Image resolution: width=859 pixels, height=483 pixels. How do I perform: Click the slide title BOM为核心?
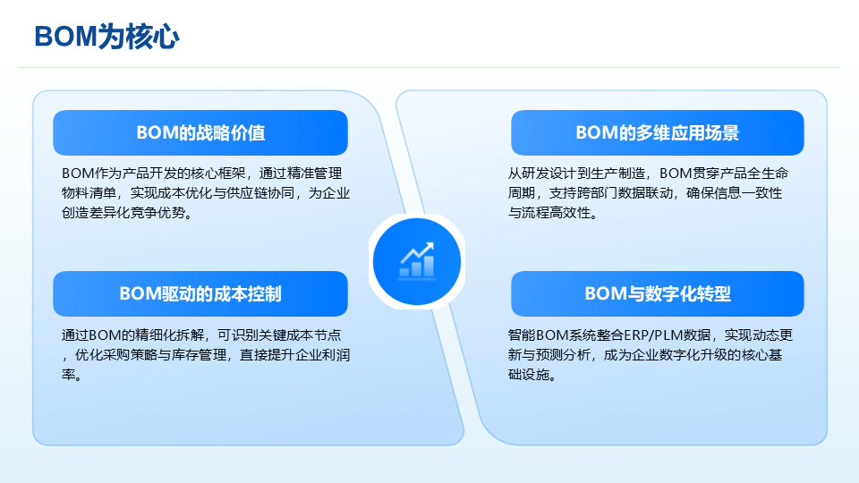pyautogui.click(x=106, y=37)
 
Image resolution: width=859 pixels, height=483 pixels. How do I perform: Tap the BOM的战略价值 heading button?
pyautogui.click(x=200, y=132)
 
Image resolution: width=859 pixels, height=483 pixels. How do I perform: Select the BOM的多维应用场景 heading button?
pyautogui.click(x=658, y=132)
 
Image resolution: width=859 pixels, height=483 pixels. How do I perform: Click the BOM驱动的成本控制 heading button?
pyautogui.click(x=200, y=293)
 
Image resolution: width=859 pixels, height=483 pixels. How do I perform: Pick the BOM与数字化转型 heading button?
pyautogui.click(x=658, y=293)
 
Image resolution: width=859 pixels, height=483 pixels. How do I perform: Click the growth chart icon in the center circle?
pyautogui.click(x=417, y=260)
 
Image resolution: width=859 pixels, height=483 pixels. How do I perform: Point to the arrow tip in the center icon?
pyautogui.click(x=432, y=243)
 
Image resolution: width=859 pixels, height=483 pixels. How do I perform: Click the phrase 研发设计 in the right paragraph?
pyautogui.click(x=548, y=174)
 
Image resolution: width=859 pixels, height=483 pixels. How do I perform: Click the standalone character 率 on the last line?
pyautogui.click(x=68, y=375)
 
